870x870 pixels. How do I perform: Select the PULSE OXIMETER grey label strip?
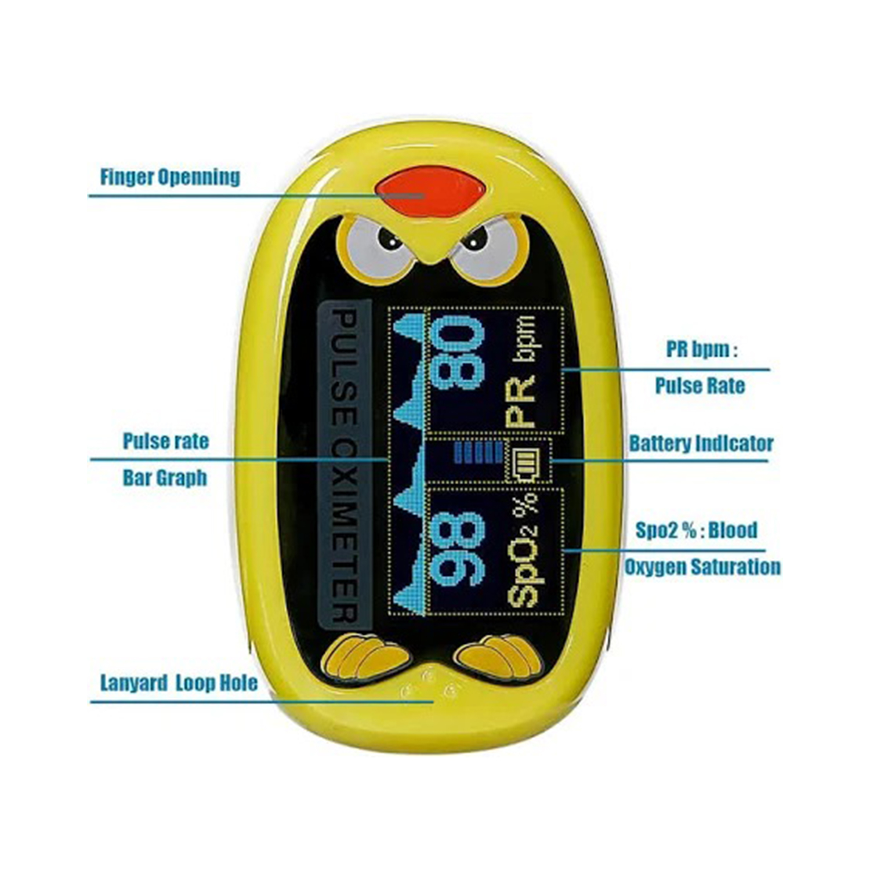pos(345,464)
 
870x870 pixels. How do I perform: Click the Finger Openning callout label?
pos(170,176)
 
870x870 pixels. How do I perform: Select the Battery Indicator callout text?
pos(701,444)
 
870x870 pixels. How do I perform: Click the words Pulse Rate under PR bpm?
pos(699,385)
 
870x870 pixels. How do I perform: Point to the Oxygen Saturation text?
pos(702,567)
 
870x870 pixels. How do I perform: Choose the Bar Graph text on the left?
pos(165,478)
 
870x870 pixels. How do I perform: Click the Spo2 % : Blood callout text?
pos(696,530)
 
